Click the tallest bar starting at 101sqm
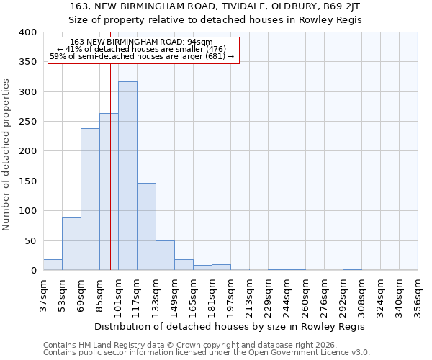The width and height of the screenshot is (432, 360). coord(127,176)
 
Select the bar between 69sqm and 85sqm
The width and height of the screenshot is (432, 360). coord(90,199)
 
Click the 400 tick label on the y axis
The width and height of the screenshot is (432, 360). coord(27,32)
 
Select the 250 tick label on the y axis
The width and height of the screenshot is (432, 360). coord(27,122)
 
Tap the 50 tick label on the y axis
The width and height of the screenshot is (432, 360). coord(30,240)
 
